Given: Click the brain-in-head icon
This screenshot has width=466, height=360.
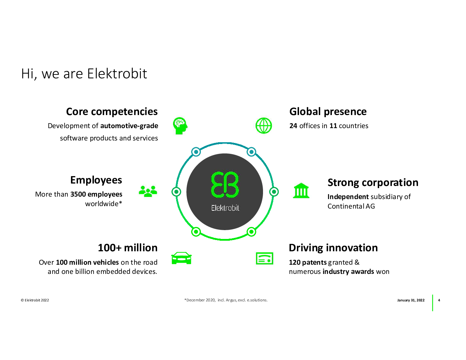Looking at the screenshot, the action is [x=180, y=126].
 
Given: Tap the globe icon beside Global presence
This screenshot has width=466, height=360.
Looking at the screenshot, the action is [x=264, y=125].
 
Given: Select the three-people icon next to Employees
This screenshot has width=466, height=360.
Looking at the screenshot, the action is [x=148, y=191].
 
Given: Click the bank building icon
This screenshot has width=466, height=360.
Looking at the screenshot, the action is [x=301, y=190].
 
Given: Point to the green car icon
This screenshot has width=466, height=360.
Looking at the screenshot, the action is [x=181, y=258].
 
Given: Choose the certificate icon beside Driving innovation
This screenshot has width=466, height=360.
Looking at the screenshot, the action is [x=264, y=258].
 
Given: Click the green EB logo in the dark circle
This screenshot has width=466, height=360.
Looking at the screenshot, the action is [x=225, y=184].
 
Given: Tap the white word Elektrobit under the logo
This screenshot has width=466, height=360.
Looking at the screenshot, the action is [x=225, y=208].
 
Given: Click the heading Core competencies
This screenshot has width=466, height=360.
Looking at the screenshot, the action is [x=112, y=112].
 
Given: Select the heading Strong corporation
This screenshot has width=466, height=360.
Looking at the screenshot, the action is [x=373, y=183].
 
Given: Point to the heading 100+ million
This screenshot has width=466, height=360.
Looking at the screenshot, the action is [x=127, y=248].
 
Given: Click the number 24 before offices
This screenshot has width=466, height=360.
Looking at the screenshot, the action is [x=293, y=126].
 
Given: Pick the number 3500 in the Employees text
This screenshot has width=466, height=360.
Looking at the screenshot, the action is [x=78, y=194].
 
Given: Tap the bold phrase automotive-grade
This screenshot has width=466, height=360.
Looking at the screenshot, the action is [x=129, y=126].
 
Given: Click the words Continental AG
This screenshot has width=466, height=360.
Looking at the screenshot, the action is [x=351, y=206].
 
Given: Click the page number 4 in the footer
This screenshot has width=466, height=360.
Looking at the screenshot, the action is [x=439, y=300].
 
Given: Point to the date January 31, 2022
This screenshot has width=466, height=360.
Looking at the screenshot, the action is [x=411, y=300].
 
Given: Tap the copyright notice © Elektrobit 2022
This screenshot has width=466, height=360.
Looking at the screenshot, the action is [x=35, y=300].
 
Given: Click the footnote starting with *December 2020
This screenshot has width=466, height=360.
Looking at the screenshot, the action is [x=226, y=300].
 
